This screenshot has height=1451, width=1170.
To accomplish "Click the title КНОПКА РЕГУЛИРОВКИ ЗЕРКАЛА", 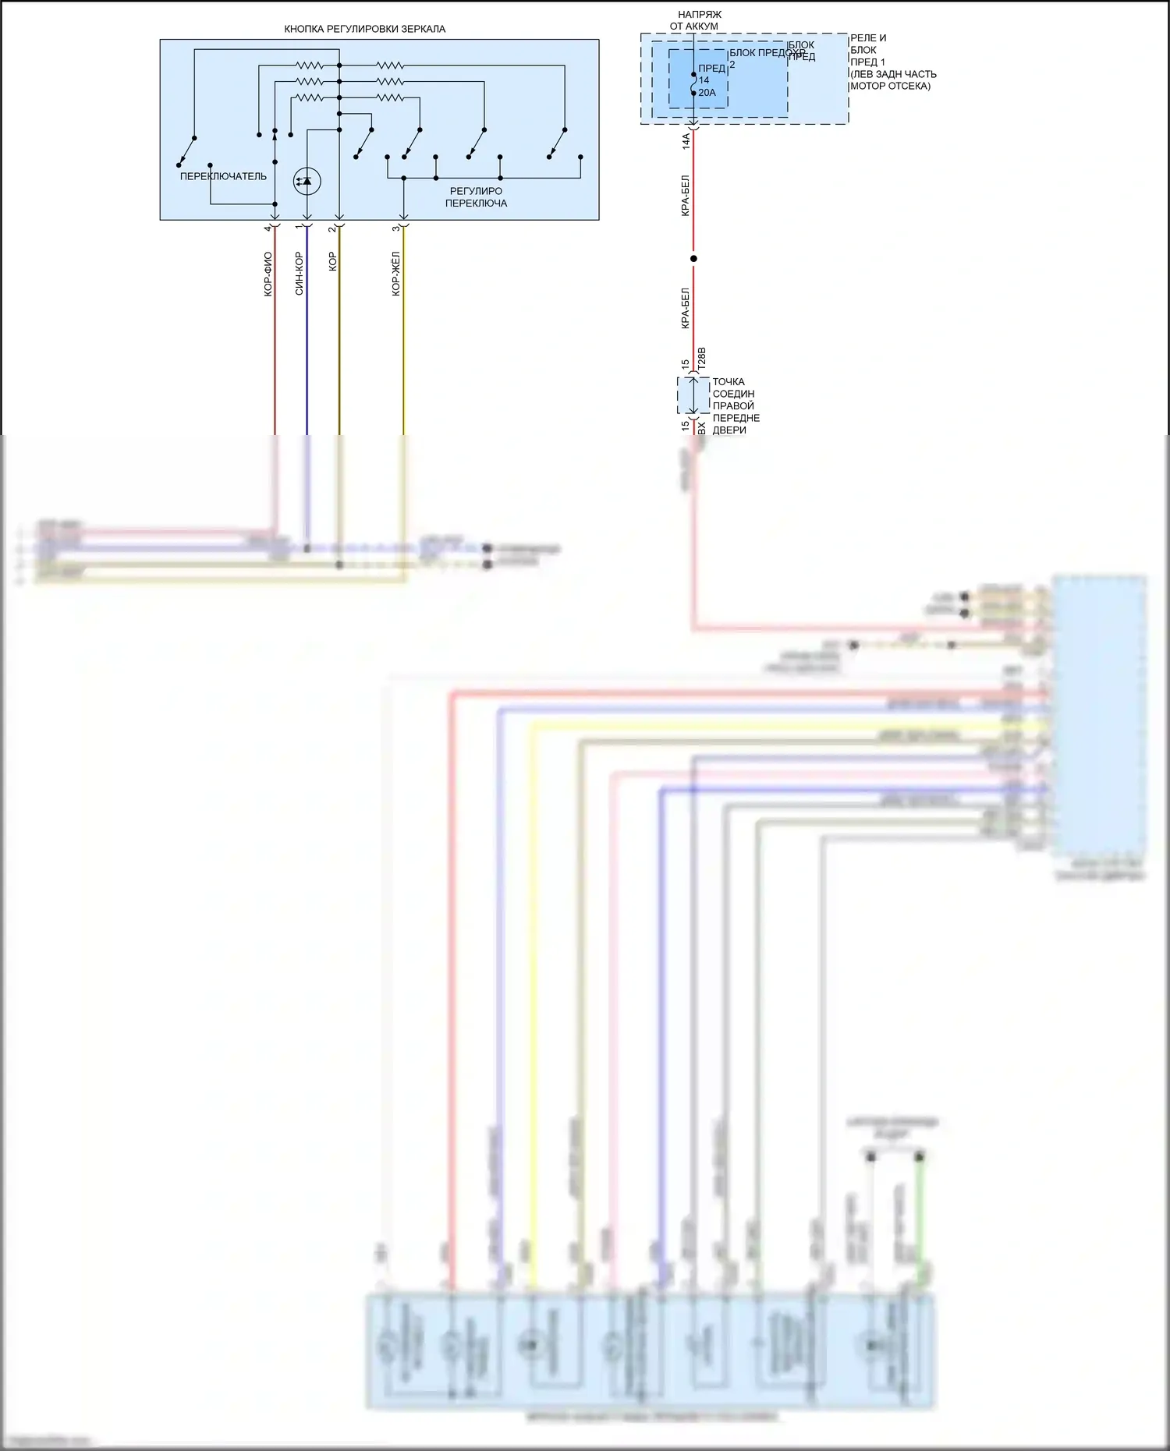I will coord(364,29).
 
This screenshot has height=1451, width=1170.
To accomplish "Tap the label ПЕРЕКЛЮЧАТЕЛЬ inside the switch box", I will coord(223,176).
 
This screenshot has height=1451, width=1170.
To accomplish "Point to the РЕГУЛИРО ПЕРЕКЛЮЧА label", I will coord(476,196).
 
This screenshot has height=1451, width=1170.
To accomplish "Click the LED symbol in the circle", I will coord(307,181).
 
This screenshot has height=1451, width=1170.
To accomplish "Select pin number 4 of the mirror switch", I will coord(268,228).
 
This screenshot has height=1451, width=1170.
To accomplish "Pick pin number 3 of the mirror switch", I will coord(395,228).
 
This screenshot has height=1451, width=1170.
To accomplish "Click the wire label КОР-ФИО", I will coord(268,274).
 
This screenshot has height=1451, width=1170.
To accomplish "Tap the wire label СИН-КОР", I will coord(300,274).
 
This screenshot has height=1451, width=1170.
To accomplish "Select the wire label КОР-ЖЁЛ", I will coord(396,274).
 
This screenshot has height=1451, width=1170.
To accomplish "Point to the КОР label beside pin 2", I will coord(332,261).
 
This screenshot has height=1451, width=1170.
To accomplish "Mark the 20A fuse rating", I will coord(707,93).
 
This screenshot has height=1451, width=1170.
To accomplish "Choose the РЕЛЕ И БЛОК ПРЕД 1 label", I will coord(892,62).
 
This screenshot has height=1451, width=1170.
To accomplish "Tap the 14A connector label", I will coord(686,141).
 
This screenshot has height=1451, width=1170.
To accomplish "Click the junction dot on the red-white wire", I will coord(693,258).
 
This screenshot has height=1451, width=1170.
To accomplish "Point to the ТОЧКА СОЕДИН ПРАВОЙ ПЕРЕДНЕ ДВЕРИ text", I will coord(736,405).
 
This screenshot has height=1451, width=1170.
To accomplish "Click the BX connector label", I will coord(700,428).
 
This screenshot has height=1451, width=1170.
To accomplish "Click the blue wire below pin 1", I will coord(307,351).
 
